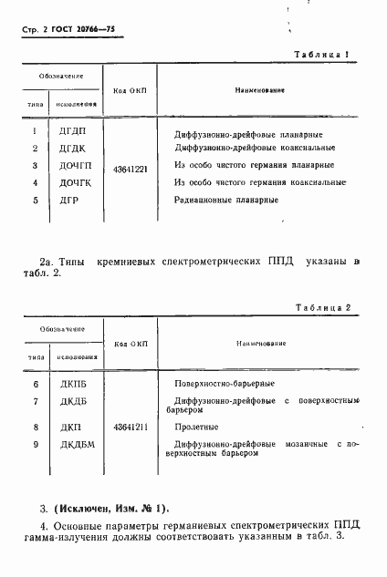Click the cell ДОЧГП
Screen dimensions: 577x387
pyautogui.click(x=76, y=166)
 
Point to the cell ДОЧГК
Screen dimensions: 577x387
pyautogui.click(x=76, y=183)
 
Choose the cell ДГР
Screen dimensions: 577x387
pyautogui.click(x=70, y=200)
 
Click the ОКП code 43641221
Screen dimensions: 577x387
pyautogui.click(x=131, y=168)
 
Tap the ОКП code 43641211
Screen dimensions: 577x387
pyautogui.click(x=131, y=426)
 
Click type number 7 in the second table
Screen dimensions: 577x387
pyautogui.click(x=34, y=402)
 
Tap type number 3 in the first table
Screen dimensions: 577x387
pyautogui.click(x=34, y=166)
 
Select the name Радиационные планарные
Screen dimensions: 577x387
pyautogui.click(x=227, y=200)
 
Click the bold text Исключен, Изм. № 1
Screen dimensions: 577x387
pyautogui.click(x=117, y=508)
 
